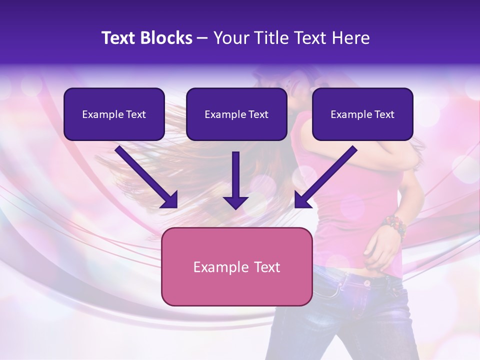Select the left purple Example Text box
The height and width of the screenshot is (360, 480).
click(114, 114)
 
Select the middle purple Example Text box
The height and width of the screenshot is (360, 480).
click(236, 114)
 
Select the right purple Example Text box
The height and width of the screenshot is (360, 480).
click(362, 114)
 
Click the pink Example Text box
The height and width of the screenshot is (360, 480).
click(236, 266)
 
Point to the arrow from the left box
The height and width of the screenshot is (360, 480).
click(145, 175)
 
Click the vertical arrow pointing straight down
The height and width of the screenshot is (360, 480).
click(235, 180)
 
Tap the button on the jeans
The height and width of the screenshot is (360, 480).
click(366, 283)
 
